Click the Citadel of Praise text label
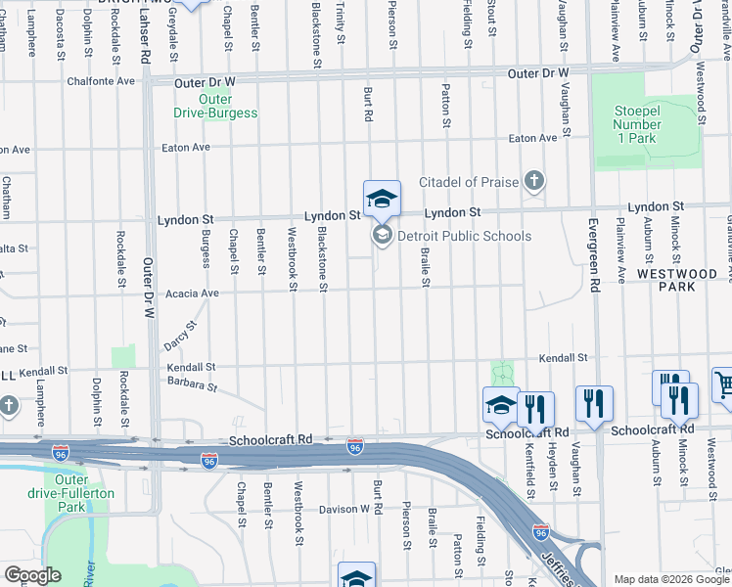pyautogui.click(x=469, y=181)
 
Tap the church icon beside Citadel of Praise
pyautogui.click(x=533, y=180)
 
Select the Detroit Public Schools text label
pyautogui.click(x=464, y=236)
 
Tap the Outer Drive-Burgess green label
pyautogui.click(x=215, y=106)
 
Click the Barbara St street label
pyautogui.click(x=192, y=385)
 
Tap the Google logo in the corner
pyautogui.click(x=31, y=575)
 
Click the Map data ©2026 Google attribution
pyautogui.click(x=672, y=579)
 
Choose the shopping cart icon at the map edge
pyautogui.click(x=724, y=384)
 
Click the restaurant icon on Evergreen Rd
pyautogui.click(x=595, y=403)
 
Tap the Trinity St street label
pyautogui.click(x=341, y=22)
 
